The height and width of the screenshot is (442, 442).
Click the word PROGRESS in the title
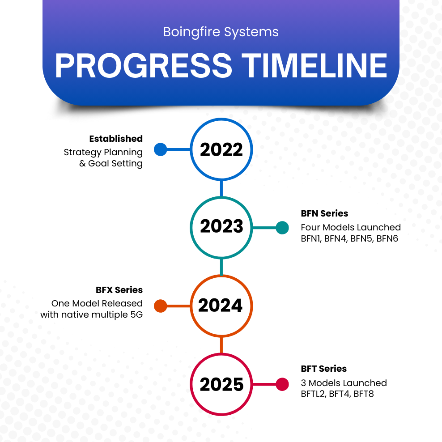tap(144, 66)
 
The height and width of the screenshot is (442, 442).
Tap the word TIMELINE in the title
tap(315, 66)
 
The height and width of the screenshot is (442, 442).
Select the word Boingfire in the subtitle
tap(185, 32)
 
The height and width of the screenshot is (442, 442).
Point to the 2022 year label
tap(221, 150)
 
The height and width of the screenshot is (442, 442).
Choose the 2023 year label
tap(221, 227)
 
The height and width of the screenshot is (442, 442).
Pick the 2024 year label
tap(221, 306)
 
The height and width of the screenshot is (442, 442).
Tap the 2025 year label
tap(221, 385)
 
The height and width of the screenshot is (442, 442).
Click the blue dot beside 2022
tap(160, 149)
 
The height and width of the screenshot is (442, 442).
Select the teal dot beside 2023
tap(282, 228)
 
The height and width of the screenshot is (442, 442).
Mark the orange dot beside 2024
tap(160, 306)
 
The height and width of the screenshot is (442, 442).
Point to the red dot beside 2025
tap(282, 384)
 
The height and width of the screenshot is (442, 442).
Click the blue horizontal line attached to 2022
tap(178, 149)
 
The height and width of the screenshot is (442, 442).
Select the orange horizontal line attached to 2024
tap(178, 306)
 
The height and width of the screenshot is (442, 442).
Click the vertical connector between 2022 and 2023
tap(221, 188)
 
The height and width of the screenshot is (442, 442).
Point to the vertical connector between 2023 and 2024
tap(221, 267)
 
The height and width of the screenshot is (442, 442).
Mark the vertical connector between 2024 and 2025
tap(221, 345)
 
